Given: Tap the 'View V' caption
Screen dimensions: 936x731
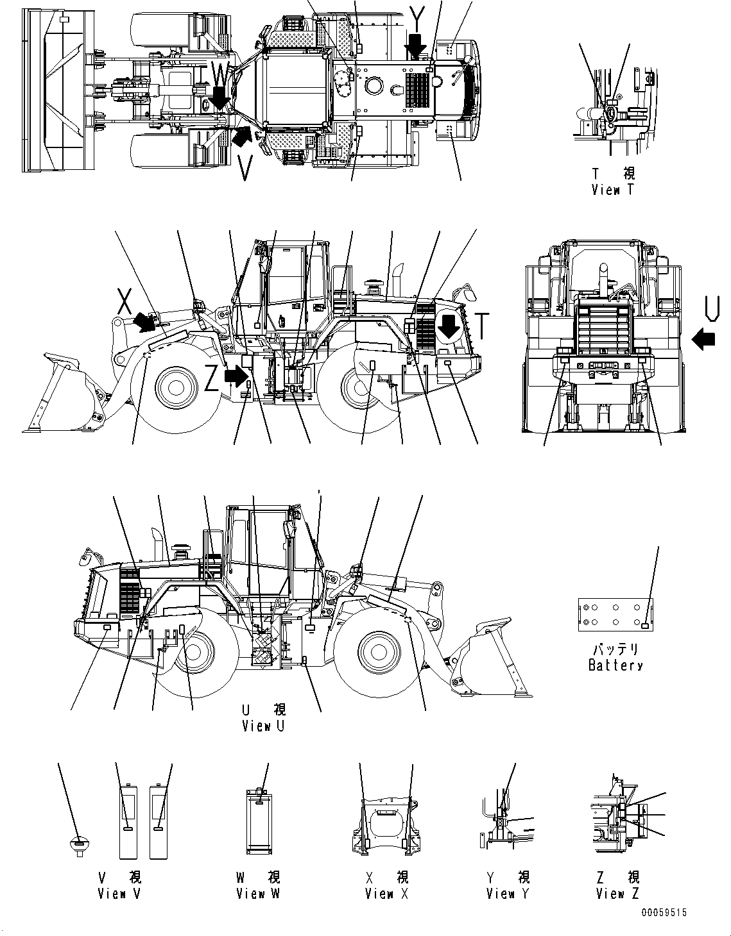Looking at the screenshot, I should pyautogui.click(x=119, y=893).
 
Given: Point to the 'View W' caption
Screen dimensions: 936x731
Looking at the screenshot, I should pyautogui.click(x=257, y=893).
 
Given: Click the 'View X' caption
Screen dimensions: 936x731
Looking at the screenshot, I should pyautogui.click(x=386, y=893).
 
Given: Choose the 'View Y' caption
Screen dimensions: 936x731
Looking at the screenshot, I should pyautogui.click(x=508, y=893).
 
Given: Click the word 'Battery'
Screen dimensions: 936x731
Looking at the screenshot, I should pyautogui.click(x=615, y=665).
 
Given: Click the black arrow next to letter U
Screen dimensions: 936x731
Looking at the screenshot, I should pyautogui.click(x=704, y=338).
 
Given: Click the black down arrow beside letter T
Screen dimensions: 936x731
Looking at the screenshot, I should pyautogui.click(x=448, y=327).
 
